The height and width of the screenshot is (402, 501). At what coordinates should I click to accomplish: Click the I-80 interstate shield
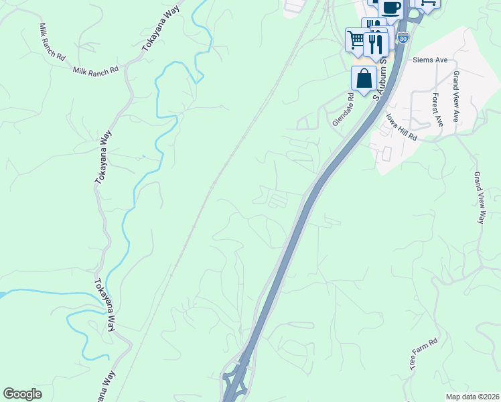(402, 39)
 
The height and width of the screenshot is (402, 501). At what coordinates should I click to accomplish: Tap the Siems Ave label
(430, 60)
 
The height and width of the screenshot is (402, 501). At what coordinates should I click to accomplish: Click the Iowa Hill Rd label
(401, 126)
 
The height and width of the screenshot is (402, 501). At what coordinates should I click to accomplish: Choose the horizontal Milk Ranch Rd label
(95, 70)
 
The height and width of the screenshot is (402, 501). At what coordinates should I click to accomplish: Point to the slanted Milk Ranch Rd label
(52, 42)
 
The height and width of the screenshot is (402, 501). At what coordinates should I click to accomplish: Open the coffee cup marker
(392, 7)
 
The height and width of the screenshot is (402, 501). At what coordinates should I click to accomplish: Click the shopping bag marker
(364, 78)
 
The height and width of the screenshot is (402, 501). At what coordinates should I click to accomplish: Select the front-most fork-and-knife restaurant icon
(376, 44)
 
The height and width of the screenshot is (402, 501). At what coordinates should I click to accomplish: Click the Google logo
(22, 394)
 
